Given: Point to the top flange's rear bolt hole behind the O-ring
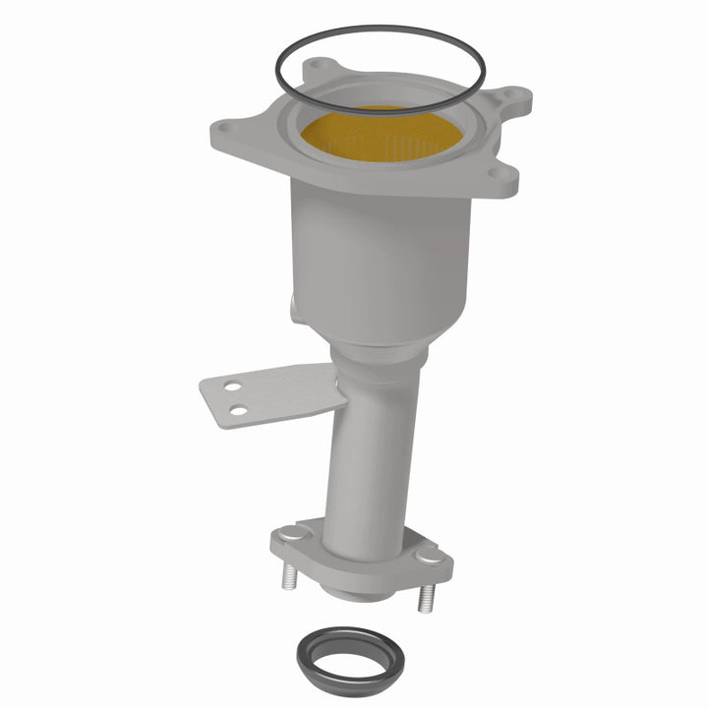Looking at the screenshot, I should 317,66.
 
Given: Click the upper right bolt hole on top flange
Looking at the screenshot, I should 509,97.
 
